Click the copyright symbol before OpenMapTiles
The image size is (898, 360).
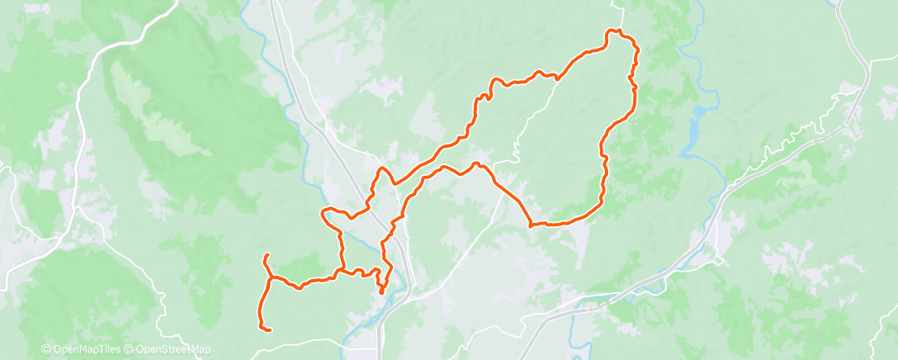pos(45,349)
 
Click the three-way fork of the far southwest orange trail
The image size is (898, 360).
pos(271,276)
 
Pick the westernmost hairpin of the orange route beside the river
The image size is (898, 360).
pos(324,214)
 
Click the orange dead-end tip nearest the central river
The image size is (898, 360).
pos(380,291)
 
